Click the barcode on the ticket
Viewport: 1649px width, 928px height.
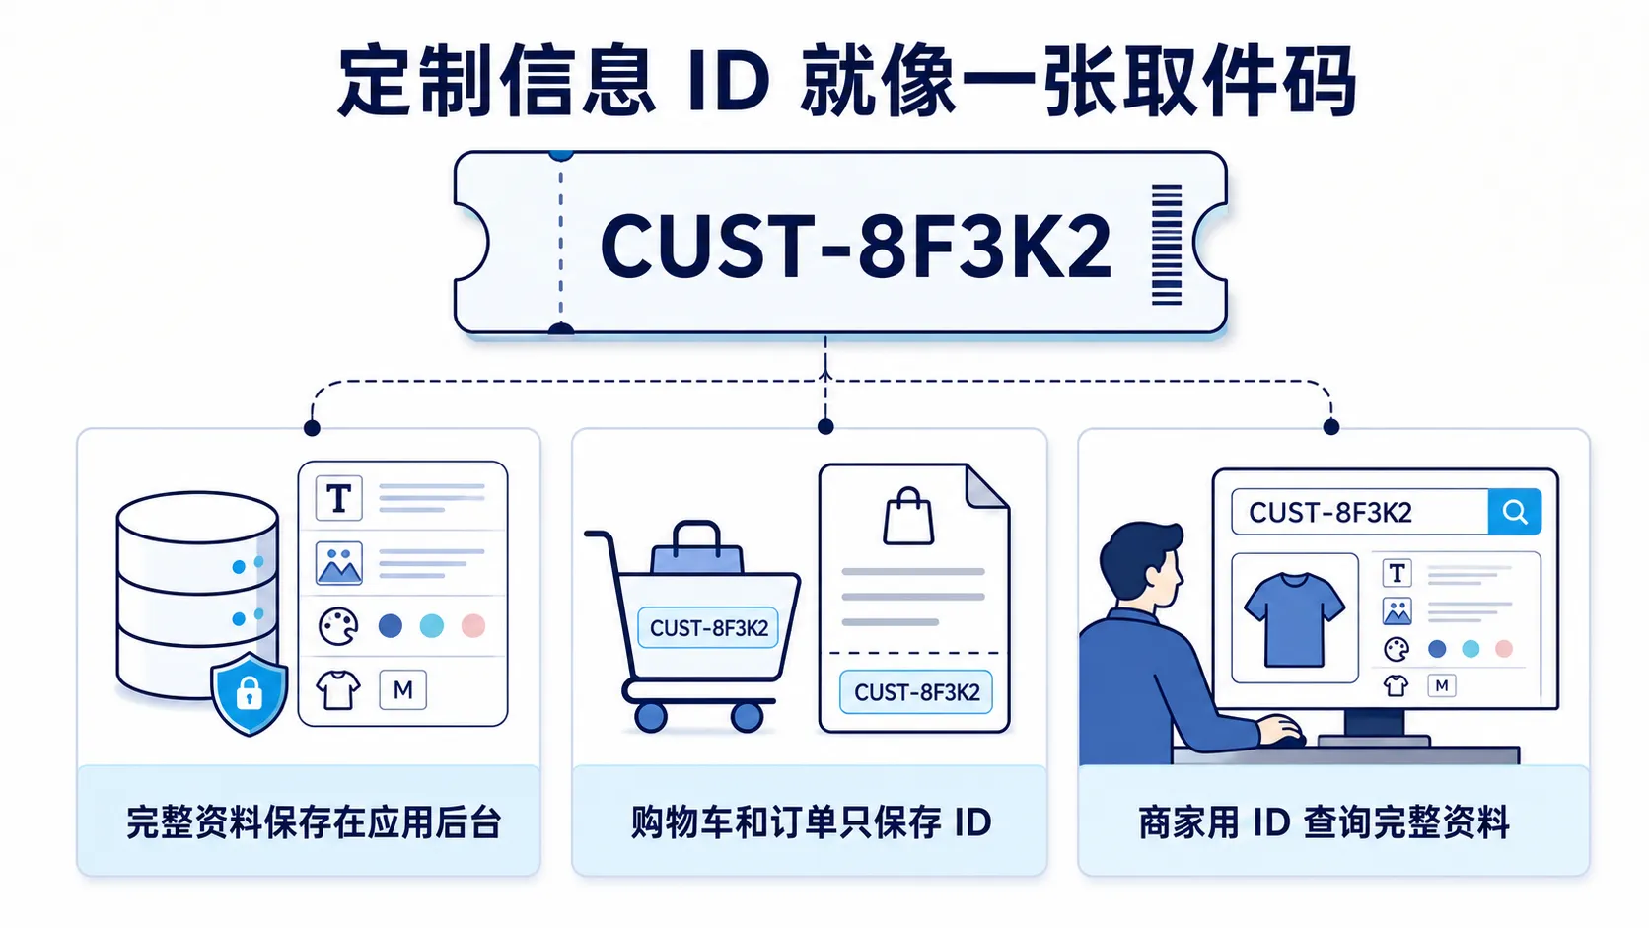tap(1166, 245)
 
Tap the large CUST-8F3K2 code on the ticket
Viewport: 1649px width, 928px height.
tap(855, 247)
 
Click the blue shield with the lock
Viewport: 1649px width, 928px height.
tap(250, 693)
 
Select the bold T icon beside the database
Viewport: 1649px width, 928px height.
tap(338, 498)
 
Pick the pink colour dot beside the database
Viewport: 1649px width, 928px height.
tap(473, 625)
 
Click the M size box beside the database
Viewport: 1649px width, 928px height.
tap(402, 689)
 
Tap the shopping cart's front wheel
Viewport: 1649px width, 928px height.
tap(748, 716)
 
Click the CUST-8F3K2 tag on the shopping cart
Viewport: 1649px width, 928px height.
tap(708, 628)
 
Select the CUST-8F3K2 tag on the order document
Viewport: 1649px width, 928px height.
tap(916, 691)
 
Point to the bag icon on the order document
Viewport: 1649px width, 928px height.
tap(908, 516)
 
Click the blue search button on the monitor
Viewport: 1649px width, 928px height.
tap(1514, 512)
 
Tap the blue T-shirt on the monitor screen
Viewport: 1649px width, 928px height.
tap(1294, 619)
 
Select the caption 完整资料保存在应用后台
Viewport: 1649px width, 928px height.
tap(314, 822)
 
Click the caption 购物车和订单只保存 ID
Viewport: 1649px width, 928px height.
tap(812, 822)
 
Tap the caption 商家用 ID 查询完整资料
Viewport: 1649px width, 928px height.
tap(1325, 822)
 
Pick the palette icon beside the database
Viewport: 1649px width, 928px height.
tap(338, 626)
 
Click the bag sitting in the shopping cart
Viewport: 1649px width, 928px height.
tap(697, 548)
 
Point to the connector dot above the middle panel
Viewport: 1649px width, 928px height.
tap(825, 426)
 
